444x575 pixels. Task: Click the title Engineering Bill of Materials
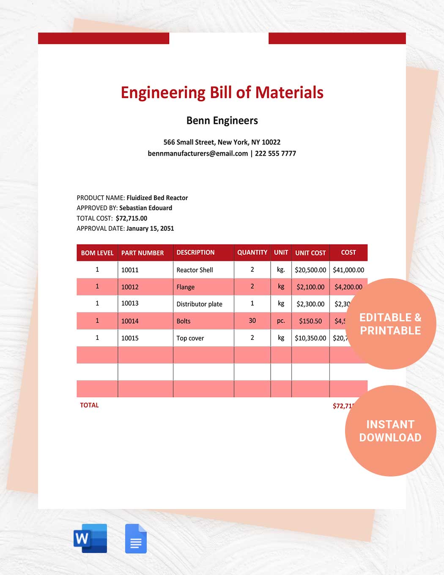[222, 93]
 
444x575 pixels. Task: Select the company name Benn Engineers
[222, 120]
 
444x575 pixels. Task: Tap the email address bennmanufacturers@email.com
[198, 153]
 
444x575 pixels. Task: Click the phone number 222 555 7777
[275, 153]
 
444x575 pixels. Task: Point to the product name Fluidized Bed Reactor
[157, 198]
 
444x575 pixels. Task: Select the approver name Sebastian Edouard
[145, 208]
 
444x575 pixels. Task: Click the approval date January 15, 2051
[150, 228]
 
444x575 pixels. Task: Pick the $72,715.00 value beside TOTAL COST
[132, 218]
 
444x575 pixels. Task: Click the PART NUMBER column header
[143, 253]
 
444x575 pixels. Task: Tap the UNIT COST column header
[310, 253]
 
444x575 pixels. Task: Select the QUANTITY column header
[252, 252]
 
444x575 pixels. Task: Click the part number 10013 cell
[130, 304]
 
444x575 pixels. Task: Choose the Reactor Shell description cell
[195, 270]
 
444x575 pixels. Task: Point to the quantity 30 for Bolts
[252, 321]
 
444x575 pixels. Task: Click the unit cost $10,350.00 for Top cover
[310, 338]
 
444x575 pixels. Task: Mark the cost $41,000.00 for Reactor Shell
[348, 270]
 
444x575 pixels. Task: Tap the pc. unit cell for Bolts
[281, 321]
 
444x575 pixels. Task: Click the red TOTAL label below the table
[89, 405]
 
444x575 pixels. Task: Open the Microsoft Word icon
[90, 538]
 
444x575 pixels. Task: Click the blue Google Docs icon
[136, 539]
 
